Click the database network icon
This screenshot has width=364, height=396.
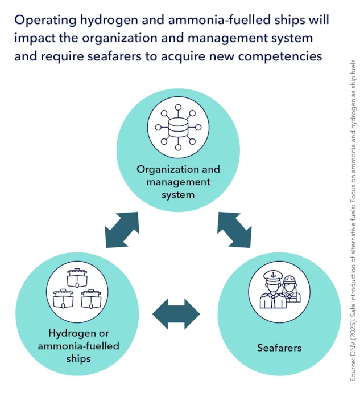pyautogui.click(x=178, y=127)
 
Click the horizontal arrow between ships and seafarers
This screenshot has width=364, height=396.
pyautogui.click(x=176, y=314)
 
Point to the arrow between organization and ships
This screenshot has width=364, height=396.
pyautogui.click(x=122, y=230)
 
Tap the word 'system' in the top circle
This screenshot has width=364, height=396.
pyautogui.click(x=178, y=194)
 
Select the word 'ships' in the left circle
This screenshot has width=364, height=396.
pyautogui.click(x=76, y=358)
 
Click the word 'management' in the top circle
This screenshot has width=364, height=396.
pyautogui.click(x=178, y=182)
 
